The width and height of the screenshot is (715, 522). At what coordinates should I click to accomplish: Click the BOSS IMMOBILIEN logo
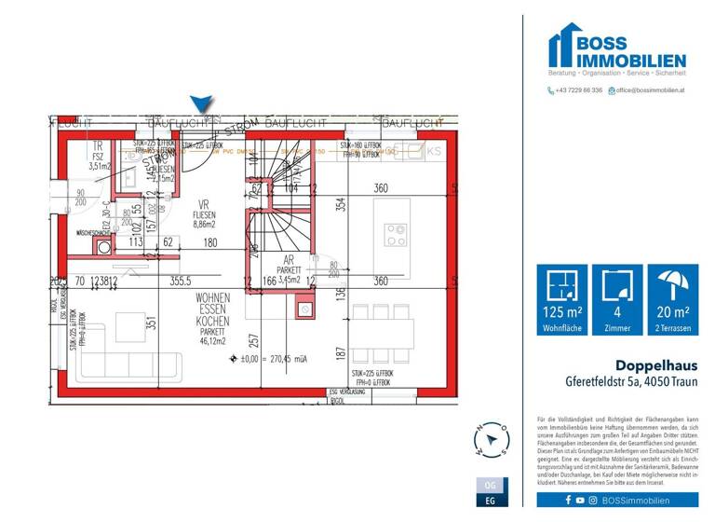pyautogui.click(x=616, y=50)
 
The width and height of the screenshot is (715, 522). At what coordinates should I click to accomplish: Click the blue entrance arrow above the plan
pyautogui.click(x=202, y=105)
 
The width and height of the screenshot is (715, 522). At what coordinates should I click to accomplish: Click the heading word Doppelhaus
pyautogui.click(x=651, y=365)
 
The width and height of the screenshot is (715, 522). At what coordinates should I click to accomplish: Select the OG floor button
pyautogui.click(x=491, y=486)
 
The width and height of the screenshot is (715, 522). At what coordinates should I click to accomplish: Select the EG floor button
pyautogui.click(x=491, y=501)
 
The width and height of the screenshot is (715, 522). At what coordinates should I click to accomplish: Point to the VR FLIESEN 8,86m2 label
pyautogui.click(x=203, y=213)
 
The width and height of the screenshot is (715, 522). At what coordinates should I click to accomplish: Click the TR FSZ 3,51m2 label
pyautogui.click(x=98, y=156)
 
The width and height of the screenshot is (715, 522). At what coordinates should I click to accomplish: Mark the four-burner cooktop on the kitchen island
pyautogui.click(x=396, y=233)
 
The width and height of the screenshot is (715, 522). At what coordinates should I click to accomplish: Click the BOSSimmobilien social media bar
pyautogui.click(x=616, y=501)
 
